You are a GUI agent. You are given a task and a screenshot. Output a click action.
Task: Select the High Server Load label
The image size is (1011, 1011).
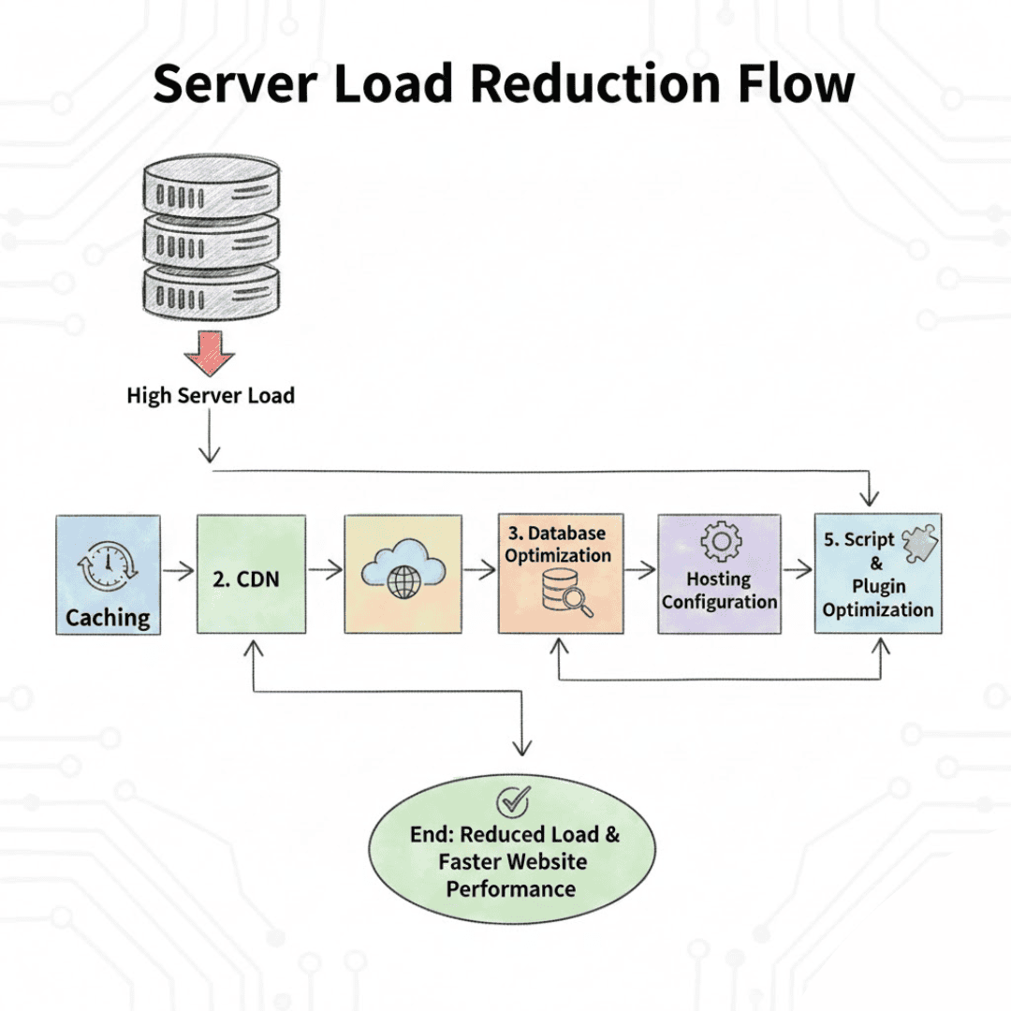pos(211,396)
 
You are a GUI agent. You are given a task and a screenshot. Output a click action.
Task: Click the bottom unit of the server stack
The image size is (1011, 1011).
pos(211,292)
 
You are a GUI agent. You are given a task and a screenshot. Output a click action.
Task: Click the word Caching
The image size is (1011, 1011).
pos(108,618)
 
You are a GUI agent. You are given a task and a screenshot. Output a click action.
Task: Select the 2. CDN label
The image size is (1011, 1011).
pos(245,579)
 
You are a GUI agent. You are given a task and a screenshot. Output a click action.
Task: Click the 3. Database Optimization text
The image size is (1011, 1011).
pos(559,544)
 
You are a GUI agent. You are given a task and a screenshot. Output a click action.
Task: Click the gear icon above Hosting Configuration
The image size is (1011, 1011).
pos(720,542)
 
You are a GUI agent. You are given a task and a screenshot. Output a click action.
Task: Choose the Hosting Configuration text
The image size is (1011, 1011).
pos(719,591)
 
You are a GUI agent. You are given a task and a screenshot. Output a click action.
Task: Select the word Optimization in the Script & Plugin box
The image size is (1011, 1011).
pos(878,610)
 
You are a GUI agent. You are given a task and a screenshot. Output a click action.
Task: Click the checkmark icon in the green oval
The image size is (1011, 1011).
pos(512,800)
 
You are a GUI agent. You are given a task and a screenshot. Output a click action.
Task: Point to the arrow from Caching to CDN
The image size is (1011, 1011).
pos(178,568)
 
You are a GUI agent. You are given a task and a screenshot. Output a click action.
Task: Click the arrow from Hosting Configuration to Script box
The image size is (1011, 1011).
pos(798,568)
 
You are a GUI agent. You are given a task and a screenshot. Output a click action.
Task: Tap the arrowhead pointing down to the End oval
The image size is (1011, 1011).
pos(521,746)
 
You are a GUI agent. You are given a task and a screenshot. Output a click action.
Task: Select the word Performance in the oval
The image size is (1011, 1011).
pos(510,887)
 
